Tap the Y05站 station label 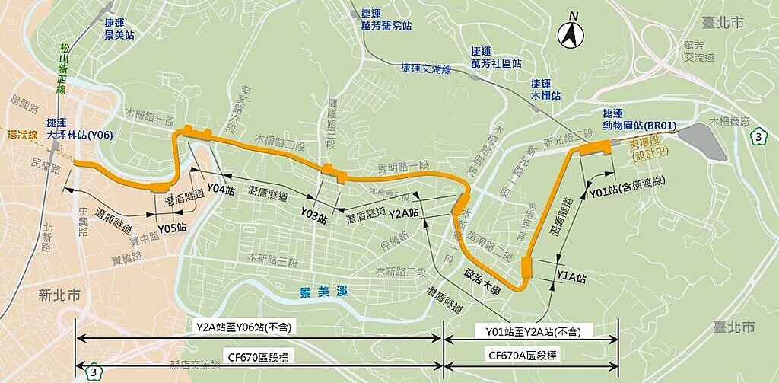pos(172,227)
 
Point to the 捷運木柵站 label pos(545,90)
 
